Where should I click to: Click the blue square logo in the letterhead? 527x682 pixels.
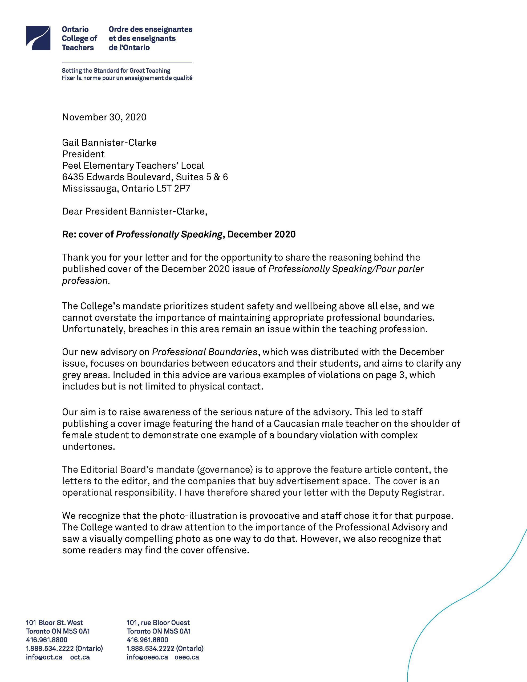[38, 38]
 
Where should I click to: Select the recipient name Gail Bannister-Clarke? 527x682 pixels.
[109, 143]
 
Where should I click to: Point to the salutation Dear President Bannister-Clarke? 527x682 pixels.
[135, 212]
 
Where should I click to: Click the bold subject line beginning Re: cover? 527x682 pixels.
[179, 234]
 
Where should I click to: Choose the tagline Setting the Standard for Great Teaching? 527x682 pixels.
[116, 71]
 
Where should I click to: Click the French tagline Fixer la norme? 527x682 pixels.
[127, 78]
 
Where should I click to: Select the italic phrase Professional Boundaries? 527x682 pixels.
[205, 352]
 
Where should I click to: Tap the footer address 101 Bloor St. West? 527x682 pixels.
[54, 623]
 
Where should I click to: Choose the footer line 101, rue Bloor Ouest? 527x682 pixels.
[158, 623]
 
